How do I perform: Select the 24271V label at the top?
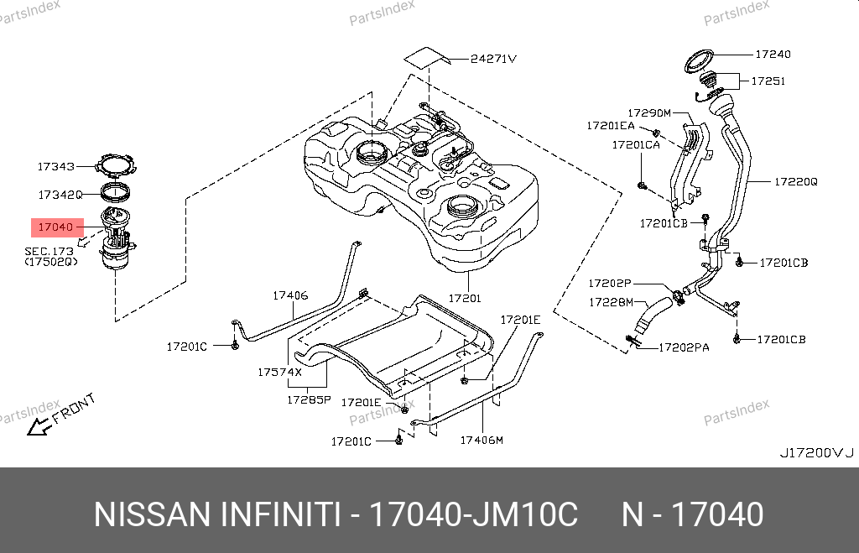(492, 59)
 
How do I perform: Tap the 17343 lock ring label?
(55, 167)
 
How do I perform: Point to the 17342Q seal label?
(60, 194)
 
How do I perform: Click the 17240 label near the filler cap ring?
(773, 54)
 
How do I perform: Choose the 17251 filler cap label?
(768, 81)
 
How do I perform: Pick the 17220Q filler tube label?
(794, 180)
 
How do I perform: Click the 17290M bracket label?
(650, 112)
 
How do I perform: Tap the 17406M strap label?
(481, 439)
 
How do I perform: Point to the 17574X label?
(279, 370)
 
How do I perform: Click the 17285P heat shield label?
(309, 401)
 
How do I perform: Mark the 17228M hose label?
(610, 301)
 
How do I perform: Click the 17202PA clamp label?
(683, 346)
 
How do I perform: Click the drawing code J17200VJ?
(815, 452)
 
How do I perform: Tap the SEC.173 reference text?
(49, 251)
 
